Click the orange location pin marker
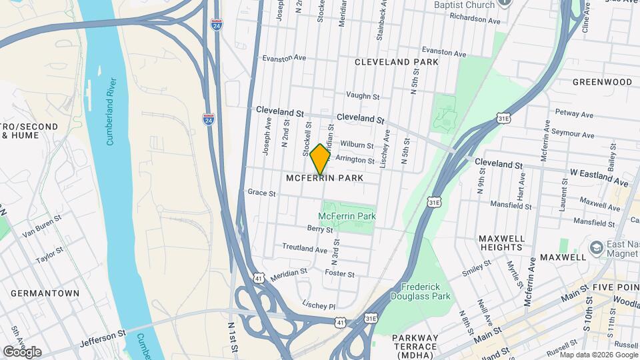[x=321, y=159]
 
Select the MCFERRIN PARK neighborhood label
[x=325, y=178]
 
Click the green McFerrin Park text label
[x=347, y=216]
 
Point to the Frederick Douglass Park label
[x=421, y=291]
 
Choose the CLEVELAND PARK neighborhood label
[x=397, y=62]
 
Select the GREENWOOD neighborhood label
[x=602, y=82]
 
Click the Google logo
[x=22, y=352]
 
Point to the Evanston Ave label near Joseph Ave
[x=284, y=58]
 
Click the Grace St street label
[x=261, y=193]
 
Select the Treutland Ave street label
[x=305, y=249]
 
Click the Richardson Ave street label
[x=475, y=20]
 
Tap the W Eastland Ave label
[x=599, y=177]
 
